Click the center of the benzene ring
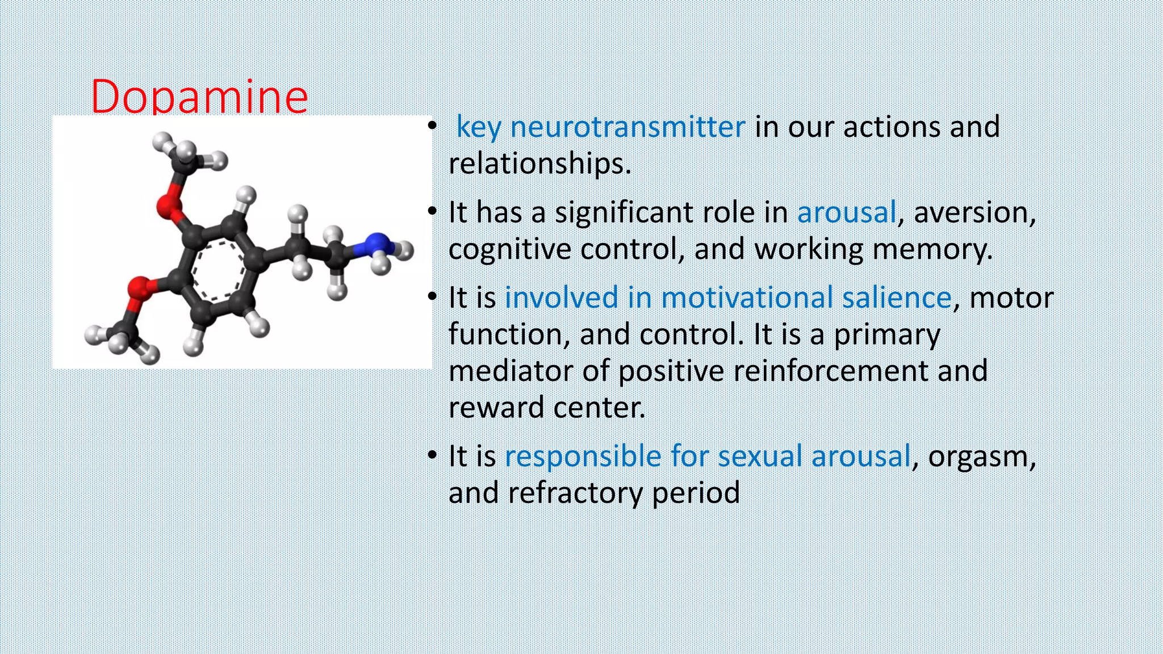(x=219, y=270)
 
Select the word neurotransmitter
(x=627, y=127)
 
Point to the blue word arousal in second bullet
(x=846, y=212)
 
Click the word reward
(x=496, y=408)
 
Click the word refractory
(x=575, y=492)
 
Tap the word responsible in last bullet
(x=583, y=456)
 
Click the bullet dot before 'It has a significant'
(x=432, y=212)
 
